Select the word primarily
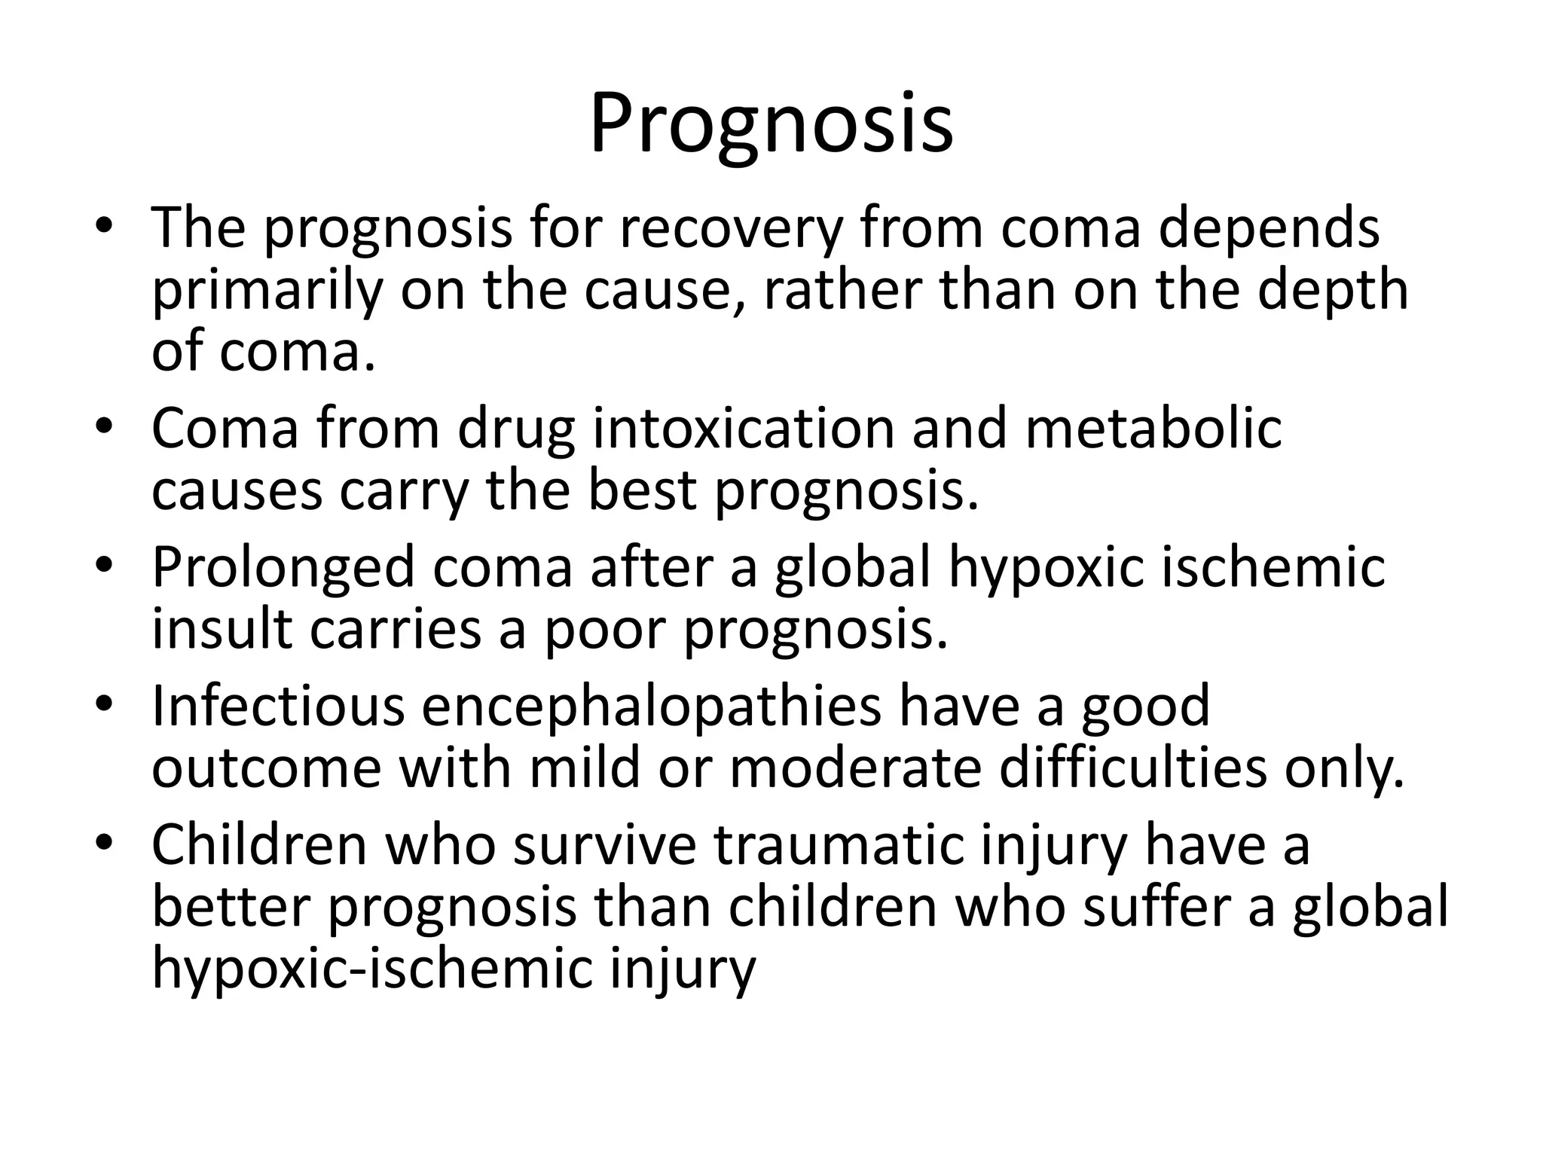[267, 292]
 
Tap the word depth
[1332, 292]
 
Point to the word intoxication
[741, 429]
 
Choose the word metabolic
[1153, 429]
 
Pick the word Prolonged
[283, 567]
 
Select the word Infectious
[279, 706]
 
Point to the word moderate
[855, 768]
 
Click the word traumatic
[837, 845]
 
